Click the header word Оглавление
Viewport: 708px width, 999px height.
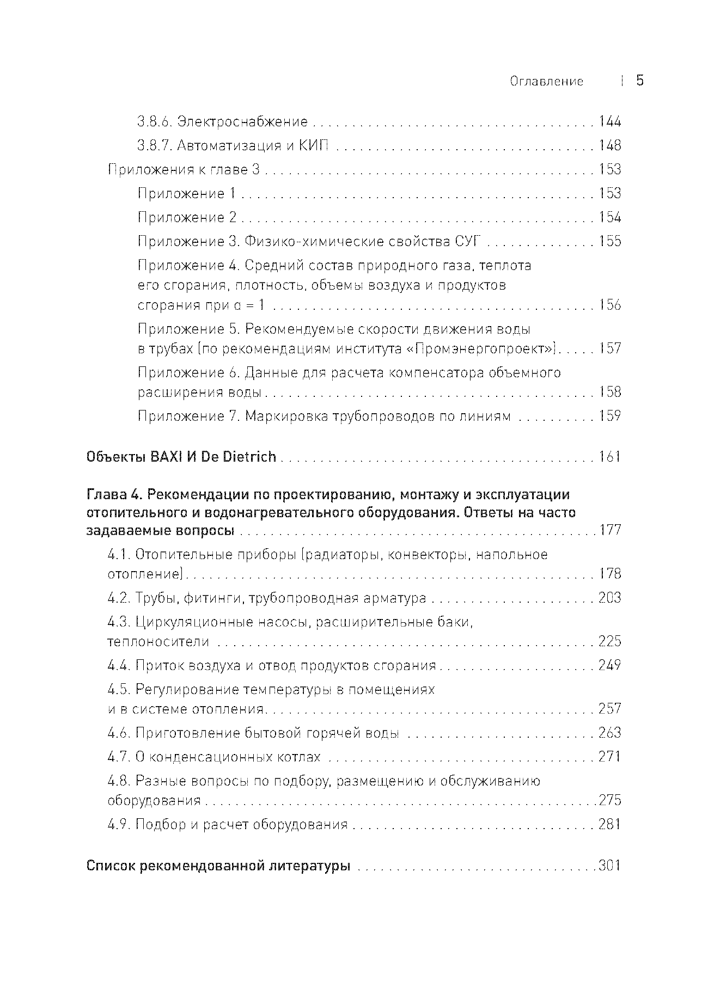click(546, 82)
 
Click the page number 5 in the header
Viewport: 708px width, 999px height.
click(640, 81)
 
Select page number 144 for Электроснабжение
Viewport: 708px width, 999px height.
click(609, 121)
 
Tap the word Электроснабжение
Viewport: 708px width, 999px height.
click(243, 121)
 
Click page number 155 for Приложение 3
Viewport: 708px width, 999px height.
click(609, 241)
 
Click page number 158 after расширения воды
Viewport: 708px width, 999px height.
click(609, 392)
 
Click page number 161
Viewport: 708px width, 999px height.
click(609, 457)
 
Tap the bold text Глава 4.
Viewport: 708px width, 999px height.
click(114, 495)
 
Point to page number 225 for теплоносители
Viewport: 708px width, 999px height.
click(609, 641)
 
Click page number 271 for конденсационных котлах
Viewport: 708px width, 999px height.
click(609, 757)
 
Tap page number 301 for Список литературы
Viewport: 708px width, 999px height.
click(609, 866)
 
